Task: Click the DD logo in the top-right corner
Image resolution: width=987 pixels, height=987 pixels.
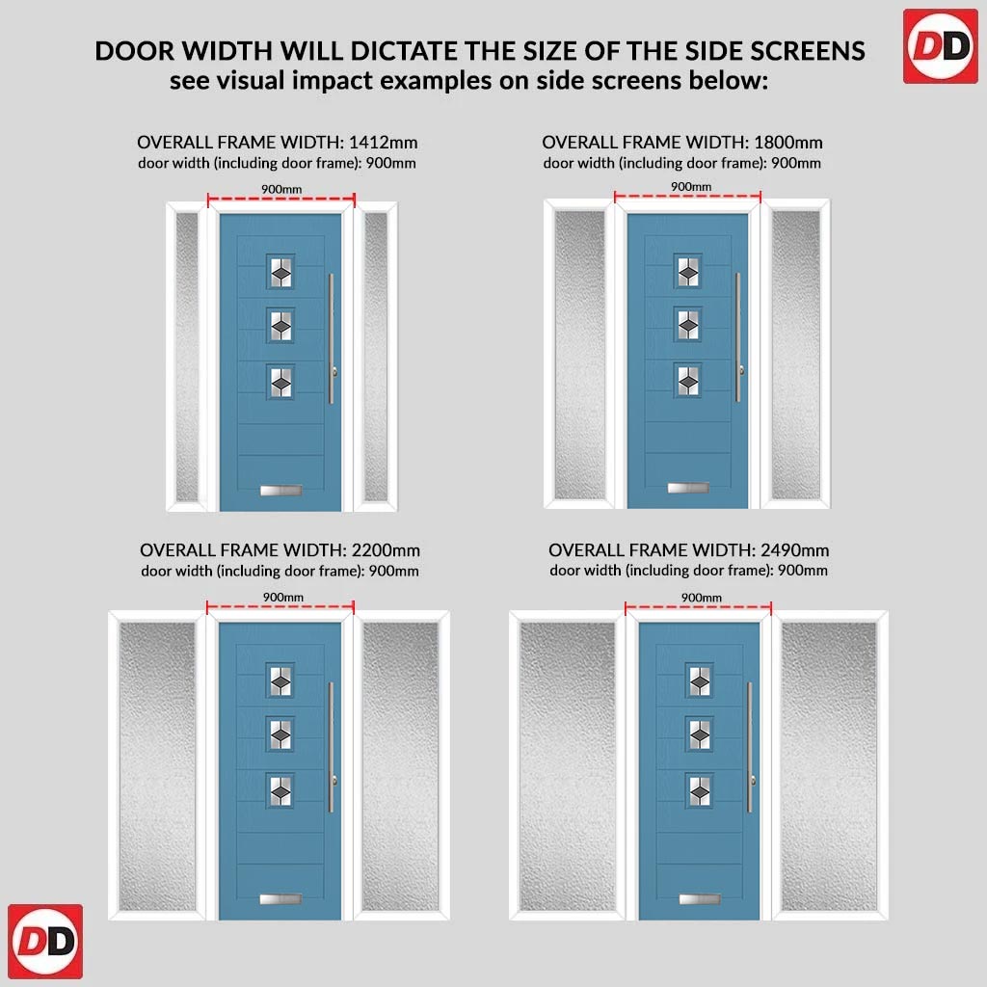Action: tap(941, 46)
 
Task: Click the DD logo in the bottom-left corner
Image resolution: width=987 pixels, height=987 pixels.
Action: tap(45, 941)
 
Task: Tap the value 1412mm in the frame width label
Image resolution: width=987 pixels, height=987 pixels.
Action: tap(384, 143)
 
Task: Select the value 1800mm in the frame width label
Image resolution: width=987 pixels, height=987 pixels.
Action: tap(788, 143)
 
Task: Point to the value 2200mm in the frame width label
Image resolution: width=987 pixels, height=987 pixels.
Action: tap(386, 550)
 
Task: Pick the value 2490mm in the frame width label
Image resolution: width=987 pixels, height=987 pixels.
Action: tap(794, 550)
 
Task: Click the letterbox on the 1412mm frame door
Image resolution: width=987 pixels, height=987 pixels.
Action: tap(280, 490)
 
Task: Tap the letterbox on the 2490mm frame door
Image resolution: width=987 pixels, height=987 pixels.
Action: tap(700, 899)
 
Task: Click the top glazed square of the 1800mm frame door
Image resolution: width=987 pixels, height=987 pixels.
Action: tap(687, 271)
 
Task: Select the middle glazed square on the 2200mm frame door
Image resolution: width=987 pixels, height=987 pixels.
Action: tap(280, 734)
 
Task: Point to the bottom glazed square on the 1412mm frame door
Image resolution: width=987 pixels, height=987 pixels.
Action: tap(280, 382)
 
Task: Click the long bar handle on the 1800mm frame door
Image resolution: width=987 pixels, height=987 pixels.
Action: tap(737, 336)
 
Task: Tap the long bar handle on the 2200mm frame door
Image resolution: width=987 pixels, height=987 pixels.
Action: tap(332, 747)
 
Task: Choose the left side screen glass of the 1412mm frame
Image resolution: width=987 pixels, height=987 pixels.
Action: tap(187, 357)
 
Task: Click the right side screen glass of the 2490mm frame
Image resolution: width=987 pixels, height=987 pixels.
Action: tap(828, 766)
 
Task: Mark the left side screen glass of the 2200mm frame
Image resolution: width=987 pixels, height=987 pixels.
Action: tap(157, 766)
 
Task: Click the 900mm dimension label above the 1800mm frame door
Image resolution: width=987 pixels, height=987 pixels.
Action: tap(690, 186)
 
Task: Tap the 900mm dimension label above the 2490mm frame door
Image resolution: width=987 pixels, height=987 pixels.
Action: tap(702, 598)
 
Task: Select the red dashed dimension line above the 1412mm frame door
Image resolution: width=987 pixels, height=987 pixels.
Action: tap(281, 200)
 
